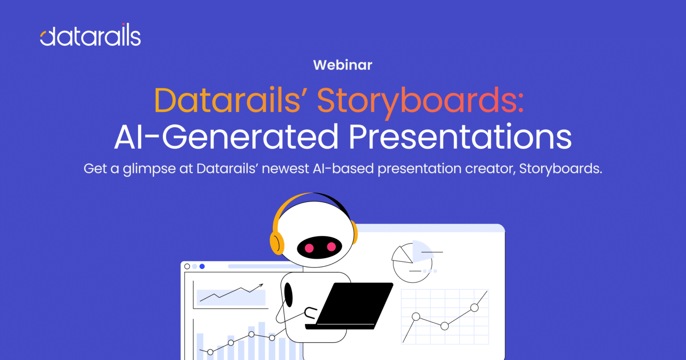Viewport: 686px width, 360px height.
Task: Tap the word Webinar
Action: coord(343,65)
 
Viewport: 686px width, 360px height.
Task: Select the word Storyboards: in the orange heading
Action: coord(420,101)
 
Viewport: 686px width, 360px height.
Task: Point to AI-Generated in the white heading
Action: coord(226,137)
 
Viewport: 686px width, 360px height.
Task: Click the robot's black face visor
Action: coord(320,247)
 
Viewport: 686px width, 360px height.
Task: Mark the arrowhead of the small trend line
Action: coord(260,285)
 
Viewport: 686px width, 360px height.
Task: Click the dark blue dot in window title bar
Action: coord(202,266)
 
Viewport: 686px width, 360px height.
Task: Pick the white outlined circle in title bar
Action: coord(187,266)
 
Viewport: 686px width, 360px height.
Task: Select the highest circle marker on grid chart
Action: coord(474,307)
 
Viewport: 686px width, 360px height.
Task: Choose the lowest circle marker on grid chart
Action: coord(444,326)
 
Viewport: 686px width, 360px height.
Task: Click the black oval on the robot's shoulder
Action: coord(289,295)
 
